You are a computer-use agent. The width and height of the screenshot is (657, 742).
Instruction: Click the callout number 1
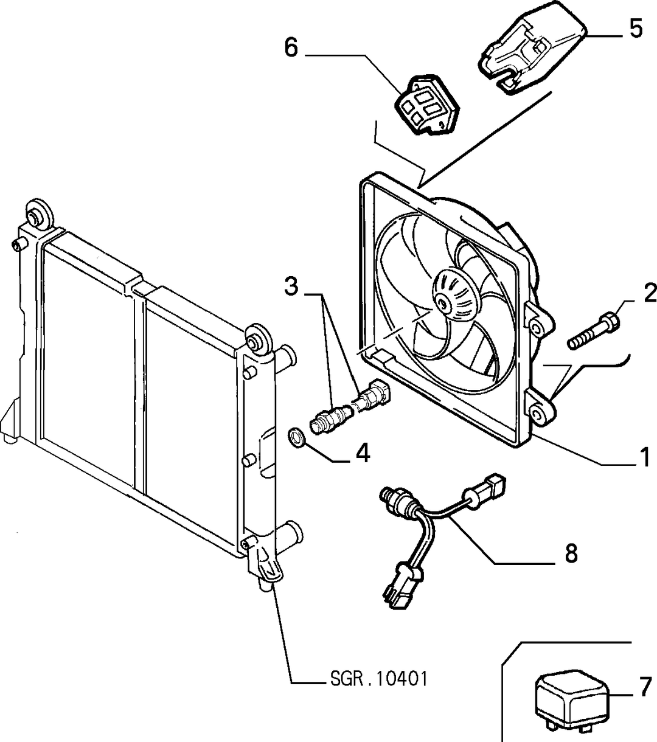[x=644, y=457]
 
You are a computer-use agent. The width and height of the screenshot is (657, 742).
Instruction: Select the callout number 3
[x=291, y=286]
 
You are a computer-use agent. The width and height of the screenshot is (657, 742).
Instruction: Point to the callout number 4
[x=363, y=454]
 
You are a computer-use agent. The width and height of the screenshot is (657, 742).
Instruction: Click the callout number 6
[x=291, y=47]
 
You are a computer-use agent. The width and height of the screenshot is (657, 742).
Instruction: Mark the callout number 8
[x=571, y=553]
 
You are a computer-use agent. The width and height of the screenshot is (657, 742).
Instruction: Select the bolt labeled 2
[x=593, y=331]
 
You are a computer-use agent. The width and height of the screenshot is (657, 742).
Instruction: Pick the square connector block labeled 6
[x=426, y=105]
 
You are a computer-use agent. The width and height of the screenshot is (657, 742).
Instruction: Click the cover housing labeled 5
[x=534, y=48]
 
